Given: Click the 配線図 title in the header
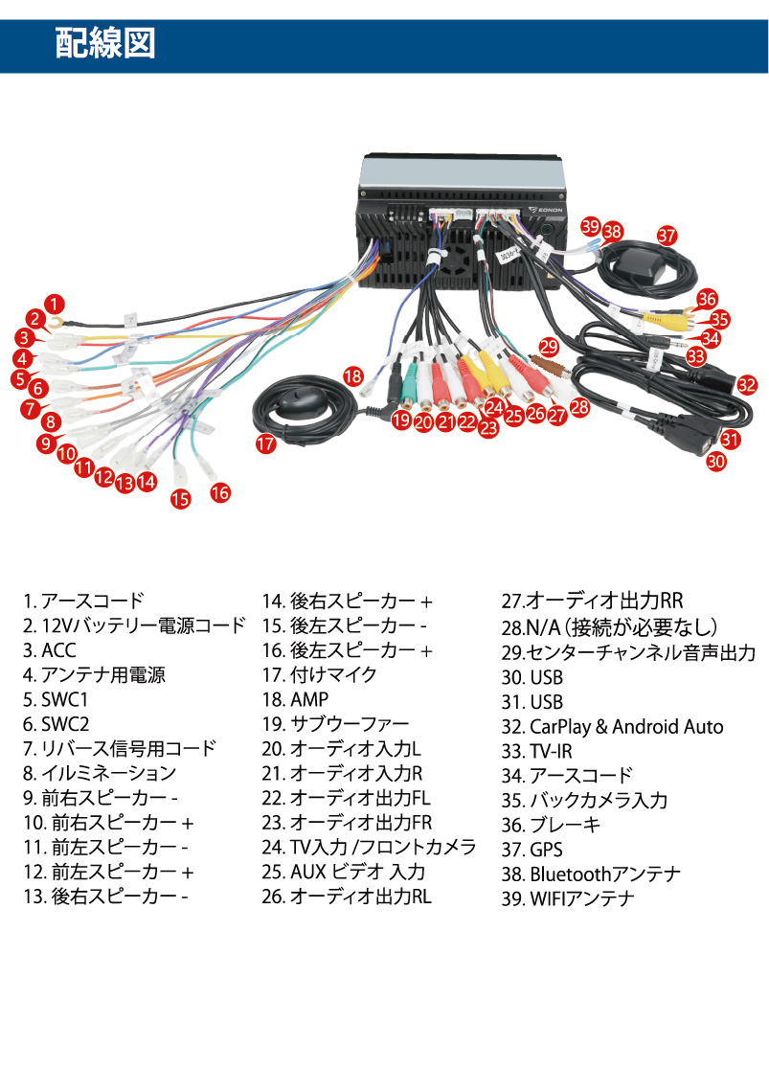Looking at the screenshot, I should (x=105, y=44).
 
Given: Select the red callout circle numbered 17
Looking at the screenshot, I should (x=265, y=443).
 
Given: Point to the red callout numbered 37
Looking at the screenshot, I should (x=667, y=235).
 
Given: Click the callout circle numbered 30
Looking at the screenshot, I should (x=716, y=461).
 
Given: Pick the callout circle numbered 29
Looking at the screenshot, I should (x=549, y=346).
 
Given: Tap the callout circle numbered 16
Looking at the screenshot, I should (x=220, y=492).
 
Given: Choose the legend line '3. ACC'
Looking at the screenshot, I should (x=50, y=651).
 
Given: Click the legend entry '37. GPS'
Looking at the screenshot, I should (x=532, y=850).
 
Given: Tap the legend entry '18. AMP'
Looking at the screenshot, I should (x=295, y=700).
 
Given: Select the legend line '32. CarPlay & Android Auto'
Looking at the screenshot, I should (x=612, y=727).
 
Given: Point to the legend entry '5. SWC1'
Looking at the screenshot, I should (x=56, y=700).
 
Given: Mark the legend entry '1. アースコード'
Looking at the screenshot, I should (x=83, y=602).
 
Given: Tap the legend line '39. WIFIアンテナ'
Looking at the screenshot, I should (x=568, y=899).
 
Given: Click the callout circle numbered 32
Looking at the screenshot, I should (x=747, y=385).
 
